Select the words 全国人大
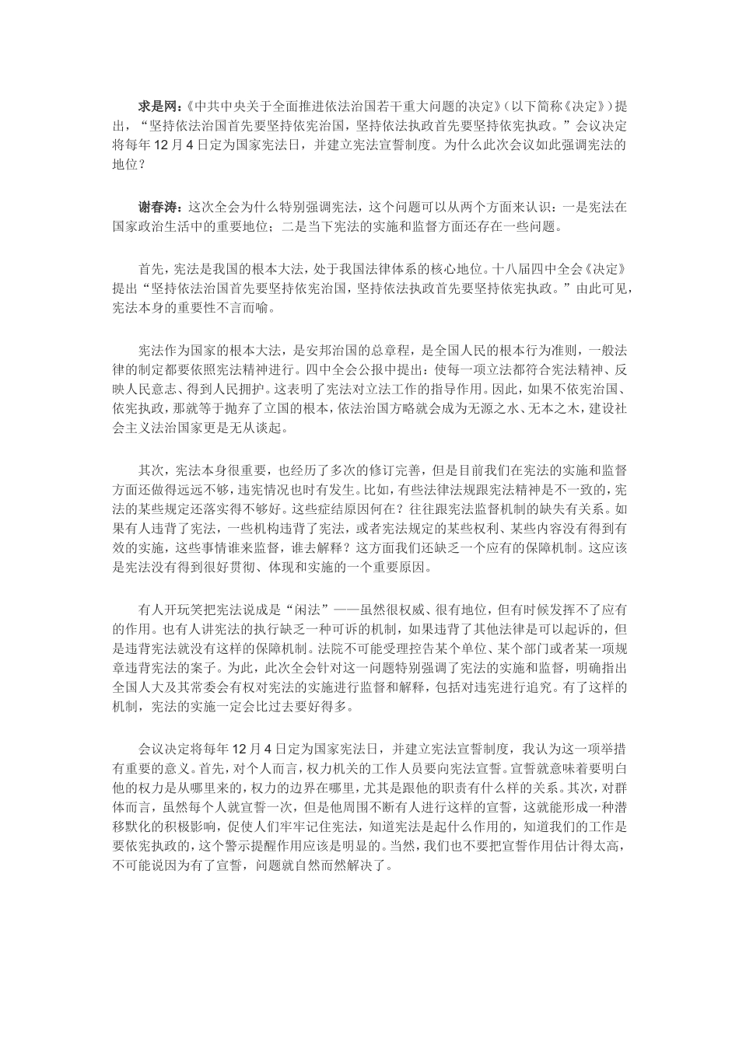138,688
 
